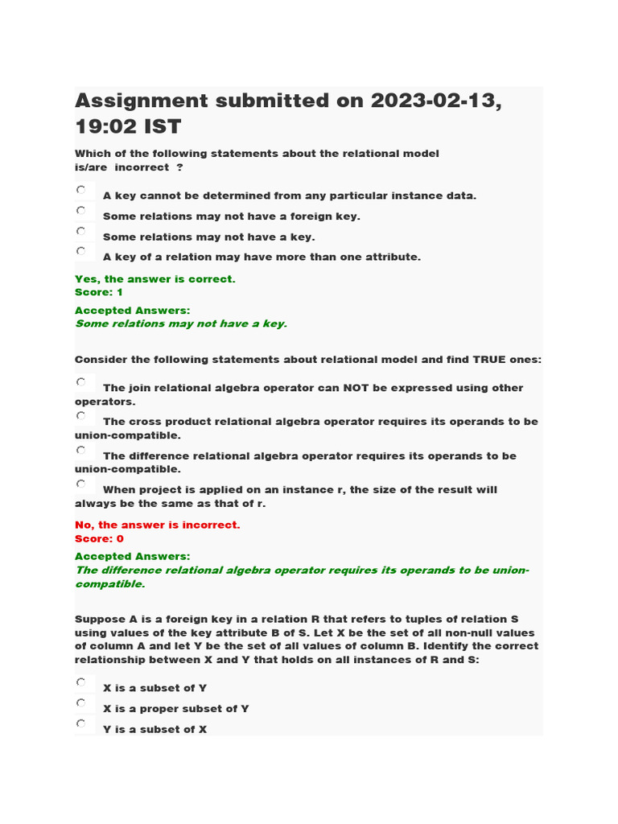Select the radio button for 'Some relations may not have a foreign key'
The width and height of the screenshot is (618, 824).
tap(81, 211)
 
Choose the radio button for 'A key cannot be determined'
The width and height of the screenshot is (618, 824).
tap(81, 190)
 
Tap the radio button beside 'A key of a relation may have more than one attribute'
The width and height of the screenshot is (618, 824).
tap(81, 251)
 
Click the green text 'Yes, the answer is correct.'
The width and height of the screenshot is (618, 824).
tap(154, 279)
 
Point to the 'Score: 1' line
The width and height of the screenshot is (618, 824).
tap(98, 292)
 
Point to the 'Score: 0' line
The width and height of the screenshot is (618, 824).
tap(99, 538)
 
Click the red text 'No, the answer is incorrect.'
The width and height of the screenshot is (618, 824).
tap(157, 525)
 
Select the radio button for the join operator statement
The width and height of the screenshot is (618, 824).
tap(81, 382)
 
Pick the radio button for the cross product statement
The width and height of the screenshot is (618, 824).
tap(81, 416)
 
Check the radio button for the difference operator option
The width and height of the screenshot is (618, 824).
tap(81, 451)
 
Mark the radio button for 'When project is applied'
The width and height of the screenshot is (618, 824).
tap(81, 484)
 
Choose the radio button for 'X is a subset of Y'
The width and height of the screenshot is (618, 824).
tap(81, 682)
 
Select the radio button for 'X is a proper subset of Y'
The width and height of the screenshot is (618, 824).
tap(81, 703)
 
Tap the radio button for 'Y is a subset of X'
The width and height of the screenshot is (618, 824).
tap(81, 724)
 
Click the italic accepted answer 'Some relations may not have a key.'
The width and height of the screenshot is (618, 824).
tap(180, 323)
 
